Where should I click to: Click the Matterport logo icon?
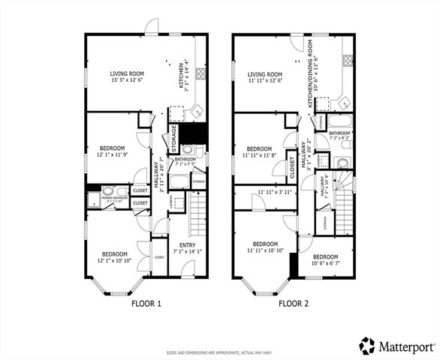pos(367,346)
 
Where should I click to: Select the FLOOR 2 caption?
pos(294,304)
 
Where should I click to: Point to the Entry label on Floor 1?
pos(185,247)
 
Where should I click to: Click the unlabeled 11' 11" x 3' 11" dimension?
pos(274,193)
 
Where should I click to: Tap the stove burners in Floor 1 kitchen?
pos(201,73)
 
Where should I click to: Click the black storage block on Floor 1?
pos(197,132)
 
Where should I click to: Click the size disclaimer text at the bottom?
pos(220,352)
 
